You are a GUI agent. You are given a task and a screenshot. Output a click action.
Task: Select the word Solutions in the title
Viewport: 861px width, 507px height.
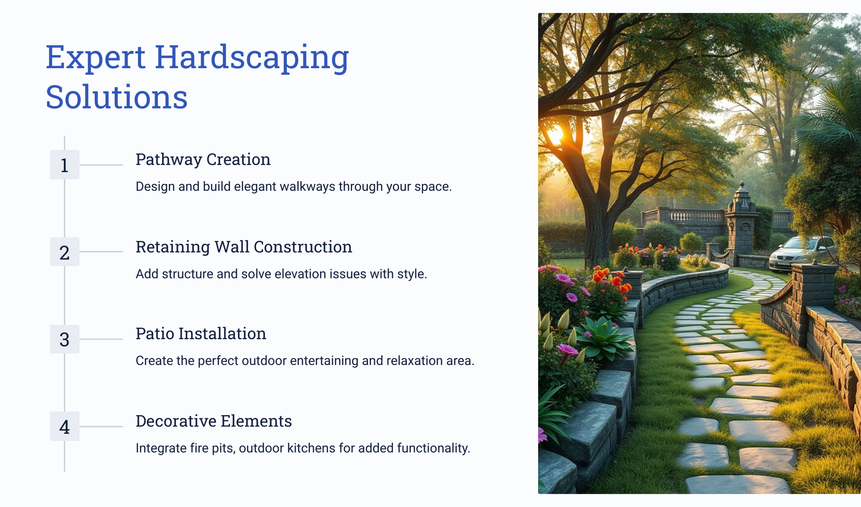tap(116, 97)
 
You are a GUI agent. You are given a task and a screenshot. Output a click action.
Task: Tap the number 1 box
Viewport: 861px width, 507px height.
tap(65, 165)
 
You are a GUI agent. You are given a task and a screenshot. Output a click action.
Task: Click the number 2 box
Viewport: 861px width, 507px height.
tap(65, 252)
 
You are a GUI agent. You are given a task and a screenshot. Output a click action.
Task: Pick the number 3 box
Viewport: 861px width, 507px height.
tap(65, 339)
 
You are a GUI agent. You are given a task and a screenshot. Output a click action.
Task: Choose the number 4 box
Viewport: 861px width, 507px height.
tap(65, 426)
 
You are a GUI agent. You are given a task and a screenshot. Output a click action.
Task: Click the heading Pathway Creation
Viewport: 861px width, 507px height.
tap(203, 160)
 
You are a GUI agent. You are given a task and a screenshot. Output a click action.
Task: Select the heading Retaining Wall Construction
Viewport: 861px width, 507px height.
tap(244, 247)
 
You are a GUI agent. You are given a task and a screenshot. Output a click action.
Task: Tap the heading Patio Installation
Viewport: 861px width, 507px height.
tap(201, 334)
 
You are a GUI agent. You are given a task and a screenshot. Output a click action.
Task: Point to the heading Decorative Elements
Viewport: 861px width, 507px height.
tap(214, 421)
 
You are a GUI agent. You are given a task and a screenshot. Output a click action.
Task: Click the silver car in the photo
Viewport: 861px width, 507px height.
tap(803, 254)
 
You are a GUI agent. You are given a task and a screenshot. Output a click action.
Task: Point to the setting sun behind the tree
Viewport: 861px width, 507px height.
tap(556, 134)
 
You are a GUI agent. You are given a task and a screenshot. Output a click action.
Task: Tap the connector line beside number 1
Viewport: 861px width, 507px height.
tap(101, 165)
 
